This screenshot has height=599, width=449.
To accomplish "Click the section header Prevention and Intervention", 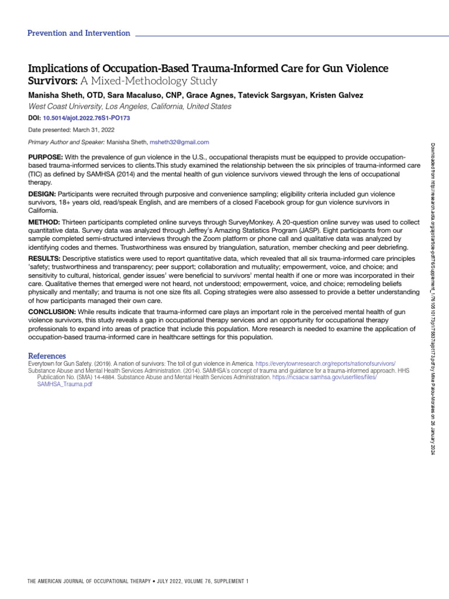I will pos(79,33).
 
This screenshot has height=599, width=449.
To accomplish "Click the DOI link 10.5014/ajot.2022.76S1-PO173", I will pos(88,118).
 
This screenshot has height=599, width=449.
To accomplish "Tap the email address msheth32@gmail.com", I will pos(179,142).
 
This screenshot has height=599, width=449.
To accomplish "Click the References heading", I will pos(47,356).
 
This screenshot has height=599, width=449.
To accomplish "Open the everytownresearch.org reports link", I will pos(326,364).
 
